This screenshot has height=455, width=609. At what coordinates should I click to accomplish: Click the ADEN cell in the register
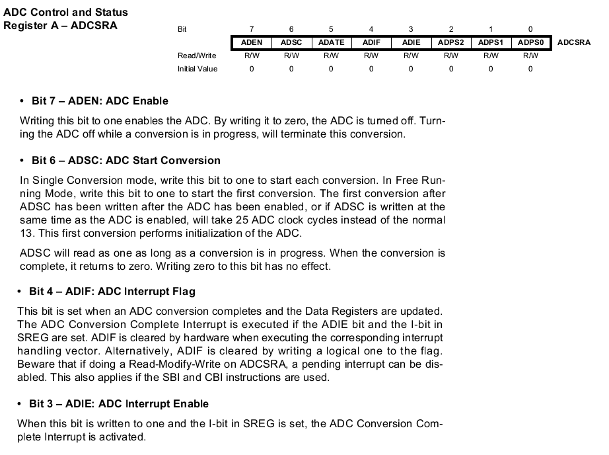252,42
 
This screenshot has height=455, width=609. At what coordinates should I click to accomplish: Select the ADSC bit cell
291,42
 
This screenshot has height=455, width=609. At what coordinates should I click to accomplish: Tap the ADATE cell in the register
331,42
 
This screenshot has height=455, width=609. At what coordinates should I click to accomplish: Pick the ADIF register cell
371,42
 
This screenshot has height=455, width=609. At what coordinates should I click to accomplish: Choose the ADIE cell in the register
411,42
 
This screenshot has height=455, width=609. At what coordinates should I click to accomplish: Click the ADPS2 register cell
451,42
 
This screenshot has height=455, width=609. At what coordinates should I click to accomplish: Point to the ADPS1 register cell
491,42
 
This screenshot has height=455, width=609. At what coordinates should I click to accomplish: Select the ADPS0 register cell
530,42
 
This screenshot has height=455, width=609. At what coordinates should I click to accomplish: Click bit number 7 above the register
252,29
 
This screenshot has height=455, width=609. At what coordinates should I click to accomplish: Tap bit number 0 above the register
530,29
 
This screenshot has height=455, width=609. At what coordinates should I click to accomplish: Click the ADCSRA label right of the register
574,42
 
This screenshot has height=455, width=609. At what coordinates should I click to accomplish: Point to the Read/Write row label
197,56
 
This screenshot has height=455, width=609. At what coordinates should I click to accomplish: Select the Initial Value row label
197,69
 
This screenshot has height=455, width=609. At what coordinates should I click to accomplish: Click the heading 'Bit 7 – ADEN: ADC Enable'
100,101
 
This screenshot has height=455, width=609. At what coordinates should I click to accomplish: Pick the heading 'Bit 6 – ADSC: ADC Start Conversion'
126,161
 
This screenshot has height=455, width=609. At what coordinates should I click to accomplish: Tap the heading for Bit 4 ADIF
112,292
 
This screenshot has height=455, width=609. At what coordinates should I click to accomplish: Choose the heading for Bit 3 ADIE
119,404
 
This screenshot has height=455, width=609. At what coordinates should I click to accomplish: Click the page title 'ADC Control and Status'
66,13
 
